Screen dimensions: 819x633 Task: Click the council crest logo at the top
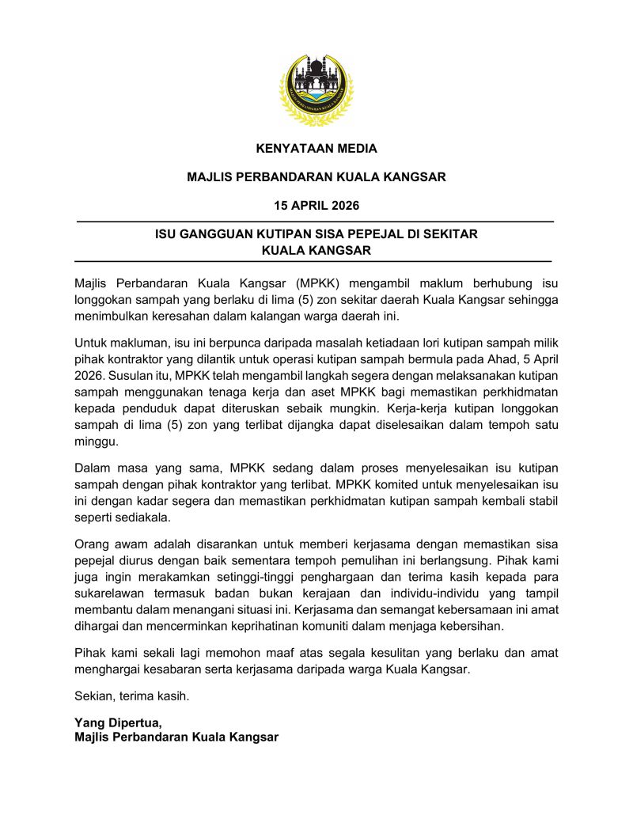pyautogui.click(x=316, y=89)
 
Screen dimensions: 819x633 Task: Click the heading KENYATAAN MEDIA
pyautogui.click(x=316, y=148)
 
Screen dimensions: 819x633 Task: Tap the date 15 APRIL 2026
pyautogui.click(x=316, y=206)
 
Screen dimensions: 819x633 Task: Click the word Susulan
pyautogui.click(x=131, y=376)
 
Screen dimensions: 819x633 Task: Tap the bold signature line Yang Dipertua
pyautogui.click(x=118, y=722)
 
